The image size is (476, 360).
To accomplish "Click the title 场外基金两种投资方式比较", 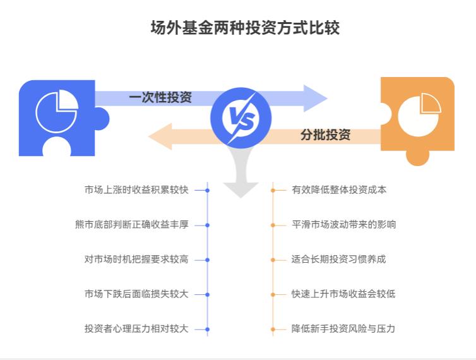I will pos(244,28).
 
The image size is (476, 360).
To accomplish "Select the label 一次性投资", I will pos(160,97).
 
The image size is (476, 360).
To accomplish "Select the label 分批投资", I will pos(325,135).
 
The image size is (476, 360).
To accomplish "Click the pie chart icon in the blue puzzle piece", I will pos(56,111).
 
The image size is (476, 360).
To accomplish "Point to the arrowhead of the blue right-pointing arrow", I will pos(315,98).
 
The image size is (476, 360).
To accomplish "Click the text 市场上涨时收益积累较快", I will pos(136,189).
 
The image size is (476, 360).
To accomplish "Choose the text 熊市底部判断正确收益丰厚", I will pos(131,224).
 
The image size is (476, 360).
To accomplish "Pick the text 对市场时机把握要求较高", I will pos(136,259).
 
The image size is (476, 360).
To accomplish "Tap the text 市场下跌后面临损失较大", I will pos(136,294).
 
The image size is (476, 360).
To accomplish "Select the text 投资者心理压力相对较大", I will pos(136,328).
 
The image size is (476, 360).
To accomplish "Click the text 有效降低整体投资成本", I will pos(339,189).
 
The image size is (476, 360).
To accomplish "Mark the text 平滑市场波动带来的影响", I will pos(344,224).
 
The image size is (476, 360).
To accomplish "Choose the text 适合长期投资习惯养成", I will pos(339,259).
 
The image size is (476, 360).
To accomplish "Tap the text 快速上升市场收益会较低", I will pos(344,294).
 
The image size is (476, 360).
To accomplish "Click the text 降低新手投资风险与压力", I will pos(344,328).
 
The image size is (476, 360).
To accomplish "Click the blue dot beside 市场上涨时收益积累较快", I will pos(207,189).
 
